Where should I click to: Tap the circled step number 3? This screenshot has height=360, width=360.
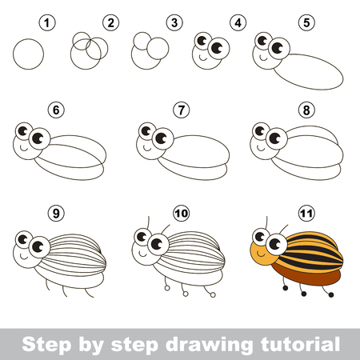point(171,23)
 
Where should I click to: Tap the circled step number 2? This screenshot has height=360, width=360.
point(111,23)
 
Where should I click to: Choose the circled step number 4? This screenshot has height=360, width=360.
point(237,23)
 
